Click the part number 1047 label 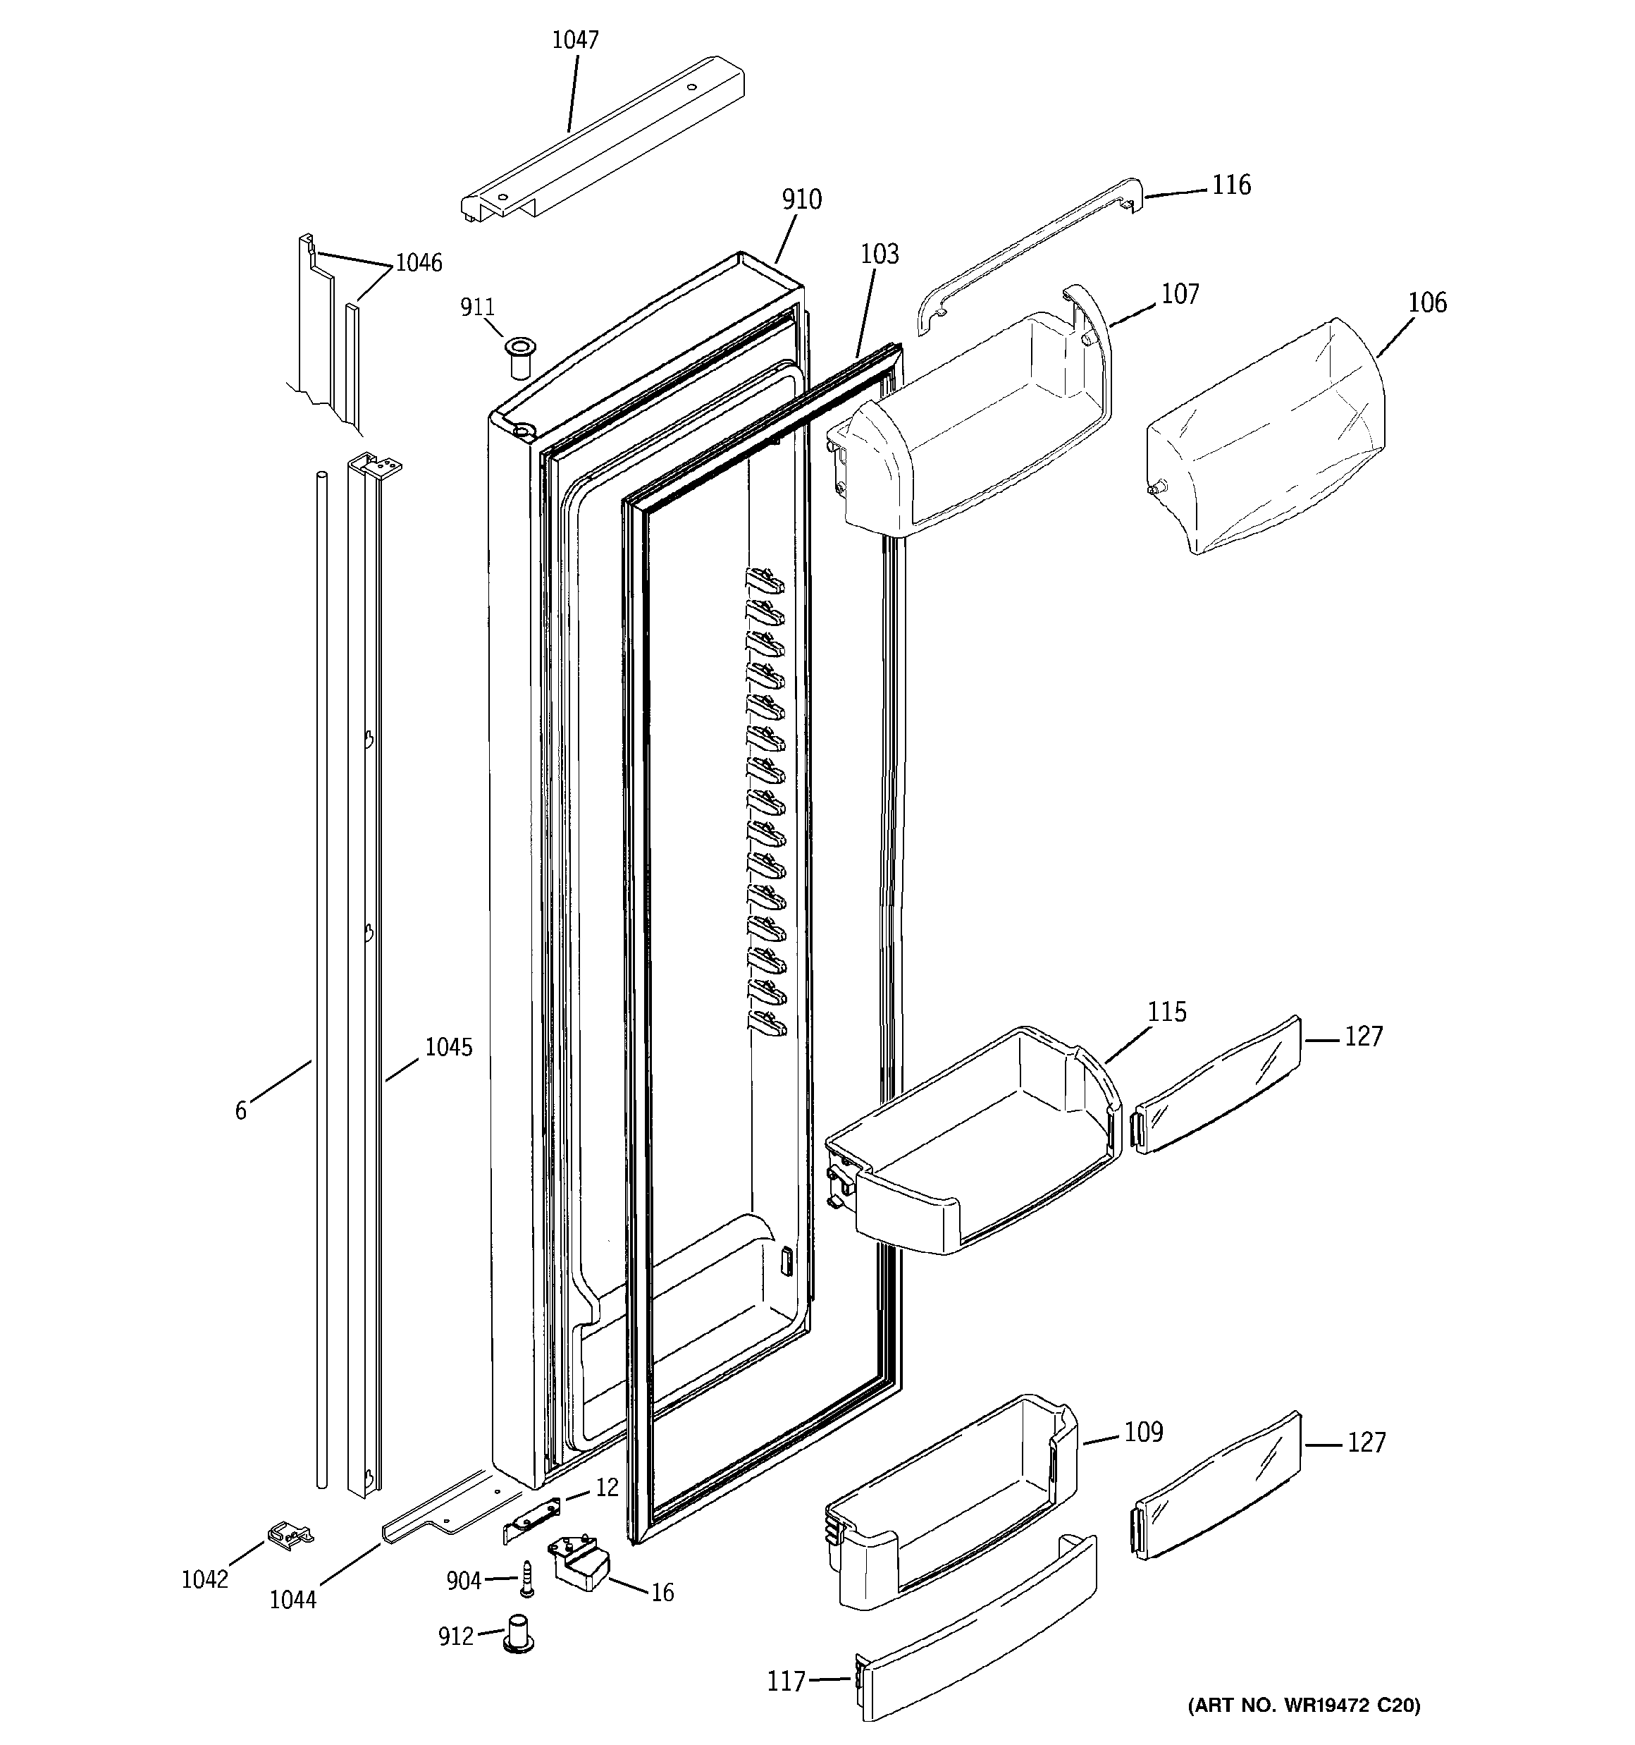click(575, 39)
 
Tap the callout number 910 click(801, 200)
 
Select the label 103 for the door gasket click(880, 255)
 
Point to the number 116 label click(1231, 185)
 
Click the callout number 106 click(1427, 304)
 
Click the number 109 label click(1144, 1433)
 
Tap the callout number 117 click(786, 1681)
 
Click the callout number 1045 click(448, 1047)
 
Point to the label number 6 click(240, 1111)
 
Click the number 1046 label click(419, 262)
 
